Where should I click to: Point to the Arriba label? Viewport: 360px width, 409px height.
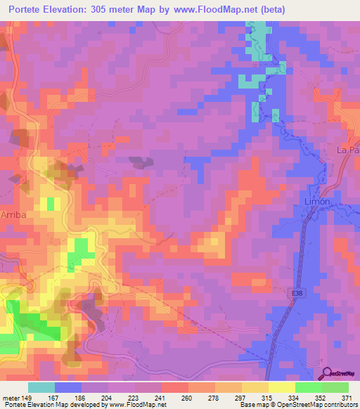pos(14,215)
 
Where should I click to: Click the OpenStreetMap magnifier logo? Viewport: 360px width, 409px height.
pos(328,375)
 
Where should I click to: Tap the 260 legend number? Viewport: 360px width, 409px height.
pos(188,396)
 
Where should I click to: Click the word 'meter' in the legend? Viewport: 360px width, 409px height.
pos(9,396)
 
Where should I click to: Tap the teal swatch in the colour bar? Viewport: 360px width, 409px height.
pos(41,387)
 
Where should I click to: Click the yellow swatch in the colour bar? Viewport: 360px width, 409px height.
pos(281,387)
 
